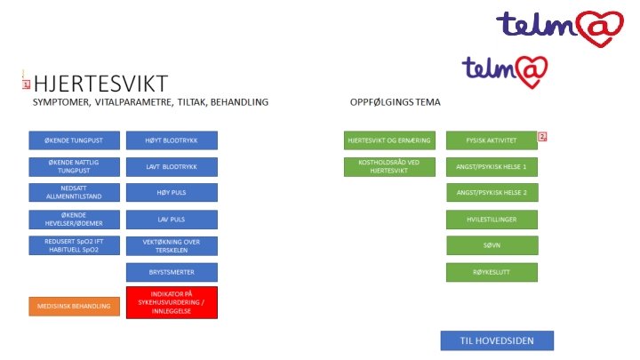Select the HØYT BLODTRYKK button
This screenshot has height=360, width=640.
coord(172,140)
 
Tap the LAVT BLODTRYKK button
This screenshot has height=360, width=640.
coord(172,166)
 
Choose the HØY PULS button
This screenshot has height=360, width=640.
coord(172,192)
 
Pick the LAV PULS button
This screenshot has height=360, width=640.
coord(172,219)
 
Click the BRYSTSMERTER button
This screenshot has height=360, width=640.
coord(172,272)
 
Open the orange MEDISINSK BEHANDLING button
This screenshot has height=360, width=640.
coord(74,306)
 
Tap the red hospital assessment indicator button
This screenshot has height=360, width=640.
coord(172,302)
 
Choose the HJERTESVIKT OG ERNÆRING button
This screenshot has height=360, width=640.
coord(389,140)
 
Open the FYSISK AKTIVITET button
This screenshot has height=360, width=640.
coord(492,140)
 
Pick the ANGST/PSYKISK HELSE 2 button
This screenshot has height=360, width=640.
coord(492,193)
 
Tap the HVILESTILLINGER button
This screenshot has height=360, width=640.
coord(492,219)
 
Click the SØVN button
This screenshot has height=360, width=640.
coord(492,245)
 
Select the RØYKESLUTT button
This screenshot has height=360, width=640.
coord(492,272)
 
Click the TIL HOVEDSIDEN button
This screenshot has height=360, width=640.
coord(497,340)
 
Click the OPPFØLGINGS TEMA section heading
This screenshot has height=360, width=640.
coord(395,103)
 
